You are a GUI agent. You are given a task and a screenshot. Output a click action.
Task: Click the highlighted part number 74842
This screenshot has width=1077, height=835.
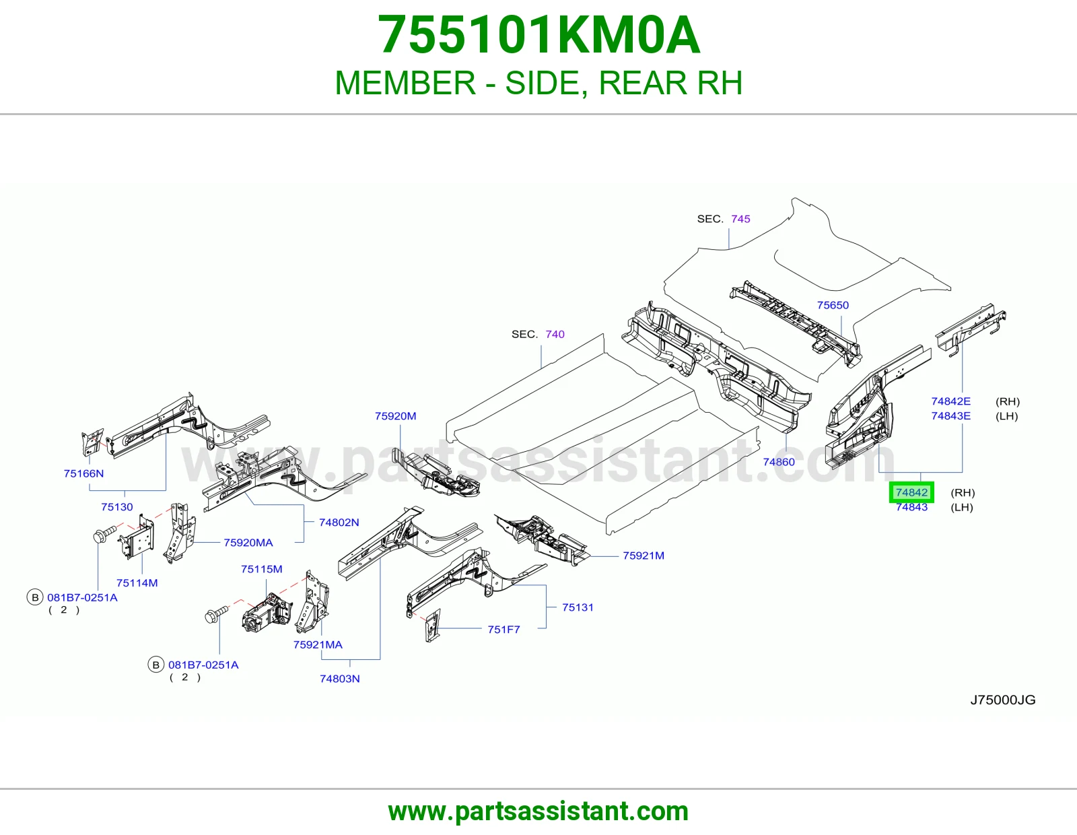(x=911, y=492)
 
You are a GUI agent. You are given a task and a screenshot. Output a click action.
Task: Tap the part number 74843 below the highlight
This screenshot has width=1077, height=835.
(x=911, y=507)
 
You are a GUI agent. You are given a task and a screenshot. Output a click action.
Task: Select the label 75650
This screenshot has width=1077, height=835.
(x=833, y=305)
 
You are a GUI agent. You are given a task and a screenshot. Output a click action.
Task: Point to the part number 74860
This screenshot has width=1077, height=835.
(x=779, y=462)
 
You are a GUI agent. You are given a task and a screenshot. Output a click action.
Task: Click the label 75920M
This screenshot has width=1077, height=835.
(x=396, y=416)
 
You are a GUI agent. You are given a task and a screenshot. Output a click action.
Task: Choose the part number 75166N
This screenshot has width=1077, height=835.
(x=83, y=473)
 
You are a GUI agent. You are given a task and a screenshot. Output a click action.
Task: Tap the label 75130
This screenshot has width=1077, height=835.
(x=117, y=507)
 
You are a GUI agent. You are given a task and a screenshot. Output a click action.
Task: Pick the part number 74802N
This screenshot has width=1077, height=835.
(x=339, y=522)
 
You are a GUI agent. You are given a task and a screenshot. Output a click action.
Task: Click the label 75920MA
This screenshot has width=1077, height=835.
(x=248, y=543)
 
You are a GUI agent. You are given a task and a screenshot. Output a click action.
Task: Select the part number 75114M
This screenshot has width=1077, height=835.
(x=137, y=582)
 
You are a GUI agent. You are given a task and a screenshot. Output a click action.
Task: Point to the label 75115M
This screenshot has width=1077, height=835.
(x=262, y=569)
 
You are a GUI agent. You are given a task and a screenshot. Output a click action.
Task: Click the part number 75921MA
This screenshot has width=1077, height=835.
(x=318, y=644)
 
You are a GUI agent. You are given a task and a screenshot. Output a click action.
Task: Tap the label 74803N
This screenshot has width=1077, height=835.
(x=340, y=678)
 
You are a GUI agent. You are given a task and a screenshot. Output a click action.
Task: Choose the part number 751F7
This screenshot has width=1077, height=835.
(x=503, y=629)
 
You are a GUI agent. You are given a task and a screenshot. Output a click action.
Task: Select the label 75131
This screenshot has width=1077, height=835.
(x=578, y=607)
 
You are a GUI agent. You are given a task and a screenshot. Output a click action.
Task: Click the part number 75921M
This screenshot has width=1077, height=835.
(x=644, y=556)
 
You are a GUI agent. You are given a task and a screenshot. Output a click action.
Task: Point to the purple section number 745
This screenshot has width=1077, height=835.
(x=740, y=219)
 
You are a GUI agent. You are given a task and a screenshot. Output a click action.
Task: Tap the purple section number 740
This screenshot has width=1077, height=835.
(x=555, y=334)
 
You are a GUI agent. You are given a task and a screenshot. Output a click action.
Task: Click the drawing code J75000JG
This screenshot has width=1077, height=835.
(x=1003, y=700)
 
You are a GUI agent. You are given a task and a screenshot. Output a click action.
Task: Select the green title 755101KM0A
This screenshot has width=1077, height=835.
(x=538, y=35)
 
